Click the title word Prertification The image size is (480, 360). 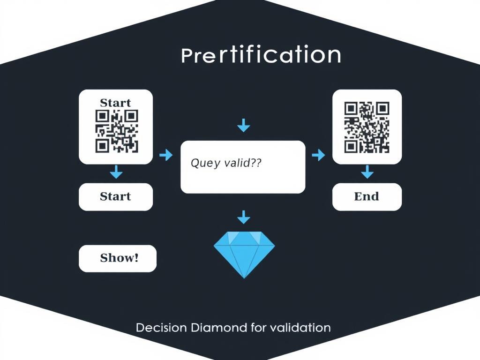pos(261,55)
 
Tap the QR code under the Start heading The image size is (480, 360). pos(117,131)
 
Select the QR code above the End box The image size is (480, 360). pos(367,127)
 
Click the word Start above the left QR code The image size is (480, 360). pos(115,103)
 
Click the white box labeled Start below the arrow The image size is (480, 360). pos(116,197)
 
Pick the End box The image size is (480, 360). pos(367,197)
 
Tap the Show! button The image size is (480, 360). pos(118,258)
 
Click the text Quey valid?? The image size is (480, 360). pos(226,163)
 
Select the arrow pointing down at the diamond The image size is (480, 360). pos(244,217)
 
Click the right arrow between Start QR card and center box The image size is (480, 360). pos(166,155)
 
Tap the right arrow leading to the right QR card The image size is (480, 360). pos(318,155)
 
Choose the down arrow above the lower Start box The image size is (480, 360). pos(116,172)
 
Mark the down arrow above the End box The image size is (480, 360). pos(367,172)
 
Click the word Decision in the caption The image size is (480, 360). pos(161,328)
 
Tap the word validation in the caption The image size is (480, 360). pos(300,328)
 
